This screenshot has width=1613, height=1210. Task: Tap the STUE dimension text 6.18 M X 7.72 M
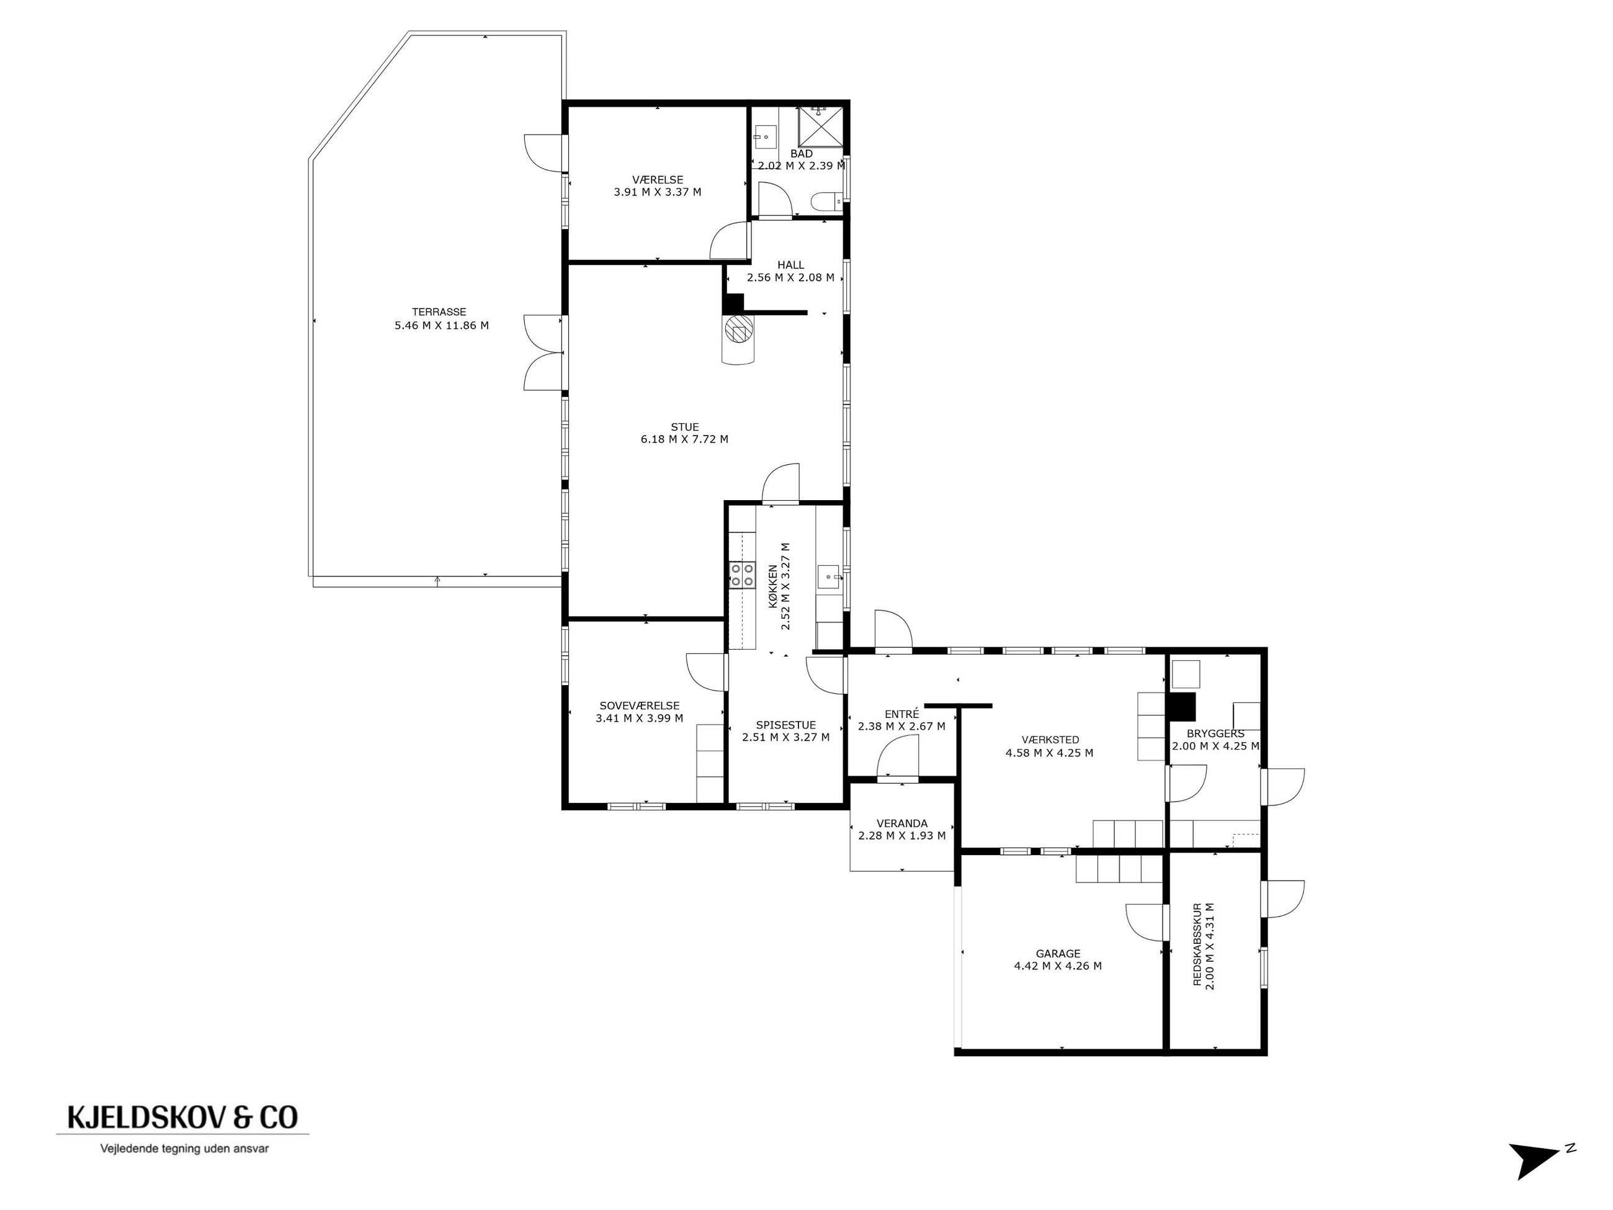tap(684, 439)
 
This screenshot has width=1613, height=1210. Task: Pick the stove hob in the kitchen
tap(743, 575)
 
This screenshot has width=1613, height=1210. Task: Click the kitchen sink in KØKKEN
tap(830, 576)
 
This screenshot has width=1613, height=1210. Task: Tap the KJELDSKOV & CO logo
tap(182, 1117)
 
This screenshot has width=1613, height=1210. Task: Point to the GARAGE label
tap(1058, 953)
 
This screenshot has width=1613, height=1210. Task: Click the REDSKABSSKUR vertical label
tap(1197, 946)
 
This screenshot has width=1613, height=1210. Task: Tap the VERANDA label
tap(902, 823)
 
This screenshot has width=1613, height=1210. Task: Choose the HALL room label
tap(790, 265)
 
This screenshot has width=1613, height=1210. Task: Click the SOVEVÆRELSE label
tap(640, 706)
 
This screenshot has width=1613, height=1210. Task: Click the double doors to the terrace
tap(544, 353)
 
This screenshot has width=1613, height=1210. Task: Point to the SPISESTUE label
tap(785, 725)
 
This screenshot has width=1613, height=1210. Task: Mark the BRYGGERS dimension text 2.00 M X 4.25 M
tap(1215, 746)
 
